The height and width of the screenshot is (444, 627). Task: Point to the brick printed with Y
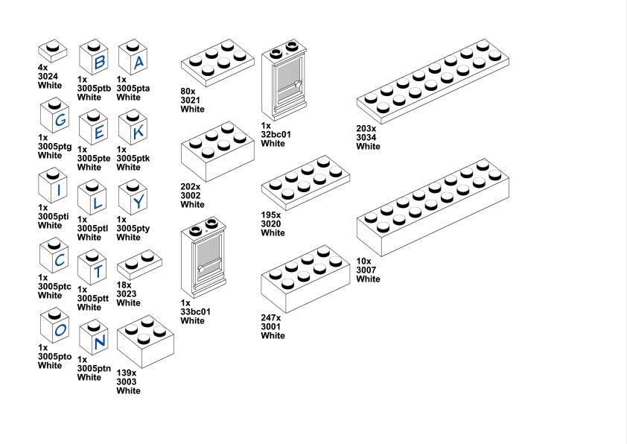pos(137,200)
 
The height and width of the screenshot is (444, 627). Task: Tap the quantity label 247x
pos(271,318)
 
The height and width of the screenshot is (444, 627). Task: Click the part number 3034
pos(368,138)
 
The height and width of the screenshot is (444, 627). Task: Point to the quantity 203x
pos(368,129)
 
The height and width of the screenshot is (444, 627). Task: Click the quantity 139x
pos(127,373)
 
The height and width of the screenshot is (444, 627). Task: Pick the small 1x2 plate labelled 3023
pos(139,263)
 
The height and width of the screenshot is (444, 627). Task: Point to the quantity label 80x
pos(187,92)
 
